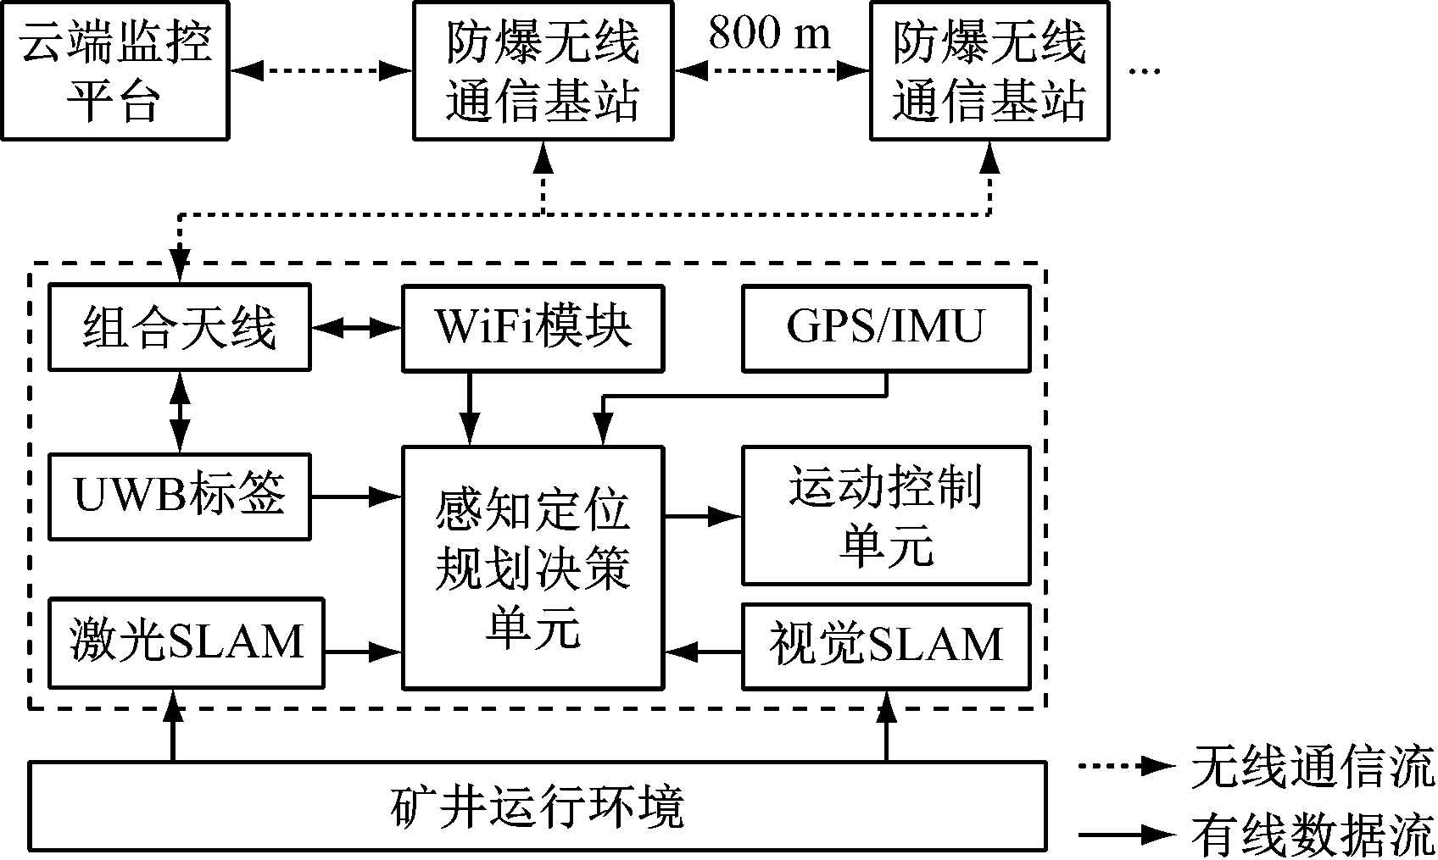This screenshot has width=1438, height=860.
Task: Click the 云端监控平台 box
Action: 114,70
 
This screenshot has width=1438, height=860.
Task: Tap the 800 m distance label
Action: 770,33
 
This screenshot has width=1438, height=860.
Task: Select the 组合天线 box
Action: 179,328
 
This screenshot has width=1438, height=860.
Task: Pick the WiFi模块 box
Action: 532,328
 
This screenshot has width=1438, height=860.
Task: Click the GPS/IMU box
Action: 886,328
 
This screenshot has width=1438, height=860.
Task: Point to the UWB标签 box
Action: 179,497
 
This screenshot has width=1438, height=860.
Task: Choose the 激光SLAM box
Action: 186,643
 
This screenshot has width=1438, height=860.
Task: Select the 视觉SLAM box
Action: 886,646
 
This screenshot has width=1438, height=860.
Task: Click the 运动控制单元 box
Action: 886,515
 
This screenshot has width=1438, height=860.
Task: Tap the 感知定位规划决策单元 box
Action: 532,567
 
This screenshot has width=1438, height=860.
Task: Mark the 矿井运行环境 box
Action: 538,806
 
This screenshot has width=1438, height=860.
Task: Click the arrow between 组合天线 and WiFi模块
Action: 356,328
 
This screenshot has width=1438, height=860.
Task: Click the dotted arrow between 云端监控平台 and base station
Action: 320,71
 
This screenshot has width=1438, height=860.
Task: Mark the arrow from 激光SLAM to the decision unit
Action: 362,652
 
